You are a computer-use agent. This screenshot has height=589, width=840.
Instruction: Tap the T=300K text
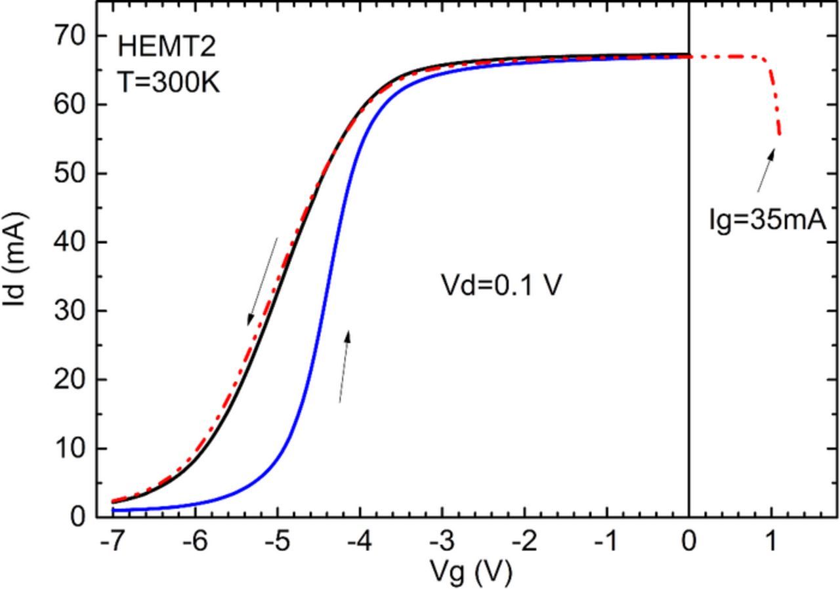click(x=169, y=82)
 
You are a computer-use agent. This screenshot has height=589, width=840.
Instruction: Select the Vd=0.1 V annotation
click(x=501, y=286)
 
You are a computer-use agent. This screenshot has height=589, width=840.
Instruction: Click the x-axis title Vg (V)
click(x=471, y=573)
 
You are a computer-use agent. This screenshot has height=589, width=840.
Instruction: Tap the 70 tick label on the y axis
click(x=69, y=35)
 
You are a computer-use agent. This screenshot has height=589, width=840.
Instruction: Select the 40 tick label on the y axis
click(x=69, y=242)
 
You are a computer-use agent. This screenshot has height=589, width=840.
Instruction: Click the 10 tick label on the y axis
click(x=69, y=449)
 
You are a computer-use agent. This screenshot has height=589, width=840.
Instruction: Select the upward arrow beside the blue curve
click(x=344, y=366)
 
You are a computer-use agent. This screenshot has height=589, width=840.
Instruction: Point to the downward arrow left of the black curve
click(x=262, y=281)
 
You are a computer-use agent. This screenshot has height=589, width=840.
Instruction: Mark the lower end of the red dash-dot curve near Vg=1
click(x=779, y=134)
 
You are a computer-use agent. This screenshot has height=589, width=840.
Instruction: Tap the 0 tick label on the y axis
click(x=78, y=517)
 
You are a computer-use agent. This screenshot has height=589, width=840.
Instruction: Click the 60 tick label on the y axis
click(x=69, y=104)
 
